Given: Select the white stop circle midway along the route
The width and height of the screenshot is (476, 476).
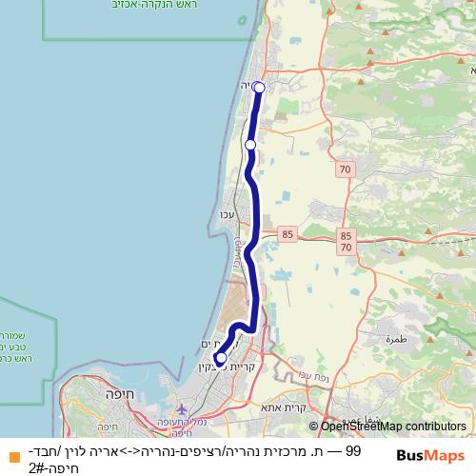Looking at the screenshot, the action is tap(250, 145).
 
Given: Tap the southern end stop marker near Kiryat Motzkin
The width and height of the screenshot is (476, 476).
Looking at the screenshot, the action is tap(221, 359).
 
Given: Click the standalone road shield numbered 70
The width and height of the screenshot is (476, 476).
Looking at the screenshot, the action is tap(344, 169).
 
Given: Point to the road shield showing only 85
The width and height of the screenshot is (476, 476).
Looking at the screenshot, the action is tap(287, 231).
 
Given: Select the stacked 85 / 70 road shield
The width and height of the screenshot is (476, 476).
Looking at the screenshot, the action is tap(346, 241).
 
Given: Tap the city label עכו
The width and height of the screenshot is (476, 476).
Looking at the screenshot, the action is tap(227, 213).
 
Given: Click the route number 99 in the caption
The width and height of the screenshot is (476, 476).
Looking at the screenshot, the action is tap(353, 450).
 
